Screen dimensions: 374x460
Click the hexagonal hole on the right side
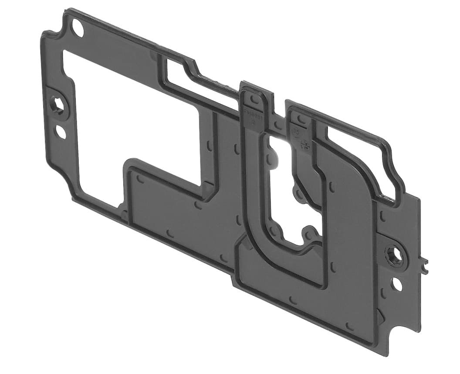point(394,255)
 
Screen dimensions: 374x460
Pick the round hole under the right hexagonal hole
point(397,284)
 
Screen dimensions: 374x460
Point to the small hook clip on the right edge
point(424,265)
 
